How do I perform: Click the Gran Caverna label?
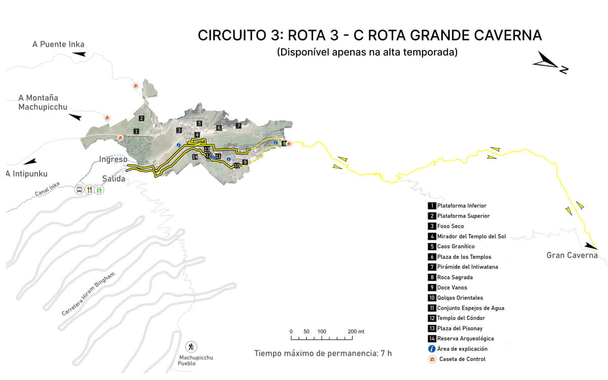pyautogui.click(x=572, y=255)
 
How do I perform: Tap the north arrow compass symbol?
pyautogui.click(x=550, y=63)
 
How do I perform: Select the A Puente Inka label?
pyautogui.click(x=58, y=45)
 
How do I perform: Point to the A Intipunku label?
pyautogui.click(x=27, y=174)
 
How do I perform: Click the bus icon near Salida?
pyautogui.click(x=80, y=190)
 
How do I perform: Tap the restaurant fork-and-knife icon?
pyautogui.click(x=90, y=190)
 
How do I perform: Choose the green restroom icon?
pyautogui.click(x=100, y=190)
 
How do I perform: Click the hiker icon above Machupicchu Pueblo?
pyautogui.click(x=191, y=347)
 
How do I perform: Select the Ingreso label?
pyautogui.click(x=113, y=159)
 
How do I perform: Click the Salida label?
pyautogui.click(x=113, y=178)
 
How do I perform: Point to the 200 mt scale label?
pyautogui.click(x=356, y=332)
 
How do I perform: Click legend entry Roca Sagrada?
pyautogui.click(x=455, y=278)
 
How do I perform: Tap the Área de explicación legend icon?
pyautogui.click(x=432, y=349)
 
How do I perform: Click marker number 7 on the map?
pyautogui.click(x=238, y=126)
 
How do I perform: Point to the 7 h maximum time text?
pyautogui.click(x=385, y=353)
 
